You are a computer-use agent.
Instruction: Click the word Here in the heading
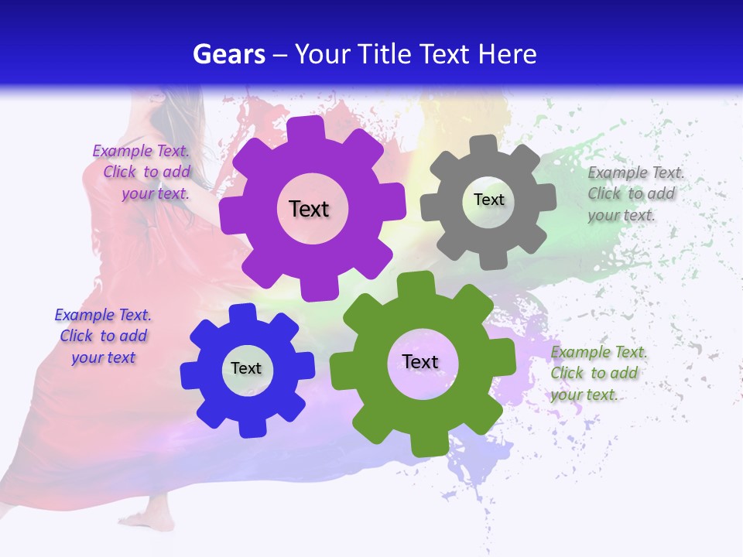point(506,54)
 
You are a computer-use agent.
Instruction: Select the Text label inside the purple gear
point(309,209)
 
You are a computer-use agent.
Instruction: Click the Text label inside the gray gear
point(488,200)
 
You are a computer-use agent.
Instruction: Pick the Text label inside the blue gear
point(246,368)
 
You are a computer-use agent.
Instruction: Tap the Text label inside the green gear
point(420,361)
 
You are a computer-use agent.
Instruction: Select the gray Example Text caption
point(635,193)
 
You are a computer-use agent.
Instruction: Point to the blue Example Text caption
point(103,336)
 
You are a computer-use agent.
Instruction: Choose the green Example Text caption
point(597,373)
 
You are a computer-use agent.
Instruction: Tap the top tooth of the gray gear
point(484,145)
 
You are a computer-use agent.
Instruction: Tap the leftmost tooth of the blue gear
point(190,376)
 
